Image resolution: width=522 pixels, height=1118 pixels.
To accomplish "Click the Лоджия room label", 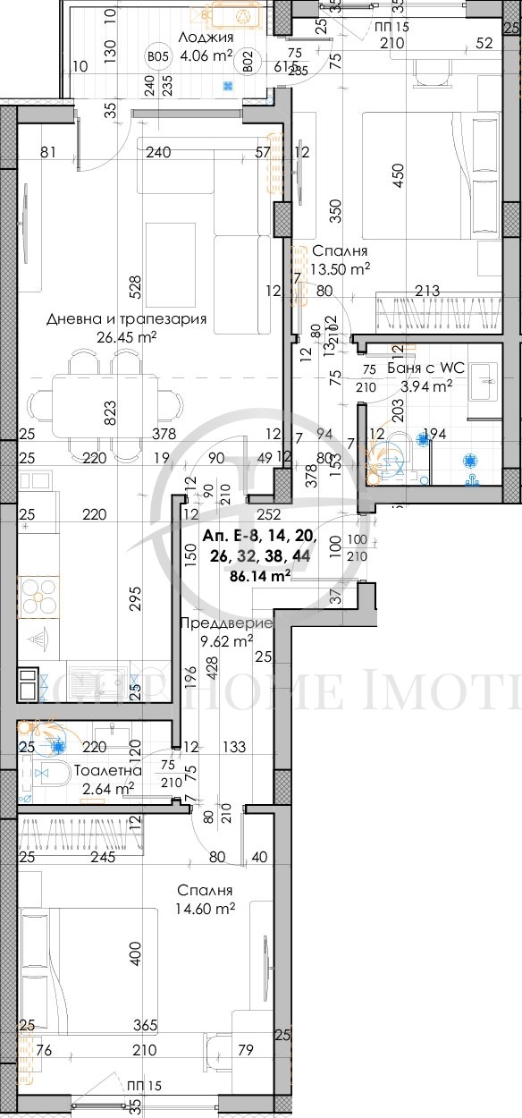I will [206, 38].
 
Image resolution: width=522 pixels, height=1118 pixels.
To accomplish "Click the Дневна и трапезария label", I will [127, 319].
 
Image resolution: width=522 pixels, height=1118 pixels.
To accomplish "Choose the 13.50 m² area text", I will [341, 267].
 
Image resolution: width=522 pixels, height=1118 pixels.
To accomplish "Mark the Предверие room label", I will [226, 623].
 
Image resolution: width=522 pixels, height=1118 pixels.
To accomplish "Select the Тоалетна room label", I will [107, 770].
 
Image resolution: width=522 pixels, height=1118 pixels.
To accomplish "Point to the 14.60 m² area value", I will [206, 908].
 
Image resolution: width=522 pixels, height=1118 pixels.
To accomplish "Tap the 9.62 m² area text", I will [226, 639].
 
